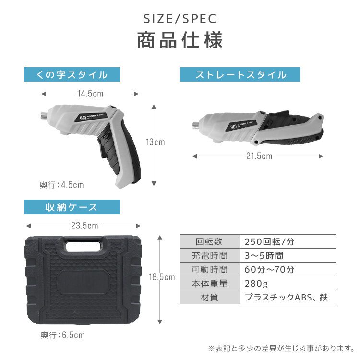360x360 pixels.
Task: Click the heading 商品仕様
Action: (180, 40)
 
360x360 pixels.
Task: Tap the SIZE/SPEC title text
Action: (180, 19)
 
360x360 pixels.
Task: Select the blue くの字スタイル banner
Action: (72, 74)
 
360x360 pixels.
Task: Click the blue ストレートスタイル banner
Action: (240, 74)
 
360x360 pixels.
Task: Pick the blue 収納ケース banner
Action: (72, 207)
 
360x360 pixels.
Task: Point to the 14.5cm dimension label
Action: (90, 94)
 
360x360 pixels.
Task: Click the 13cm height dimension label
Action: (156, 142)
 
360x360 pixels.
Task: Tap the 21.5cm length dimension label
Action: (259, 156)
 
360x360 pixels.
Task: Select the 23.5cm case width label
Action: (84, 226)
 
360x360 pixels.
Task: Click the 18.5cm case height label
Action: (162, 277)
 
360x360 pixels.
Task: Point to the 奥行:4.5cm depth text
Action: (62, 185)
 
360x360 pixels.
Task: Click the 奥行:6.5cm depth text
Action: (63, 335)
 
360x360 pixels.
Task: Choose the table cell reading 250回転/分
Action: (288, 241)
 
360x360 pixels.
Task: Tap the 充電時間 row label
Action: (210, 255)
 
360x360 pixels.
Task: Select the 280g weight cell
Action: (288, 283)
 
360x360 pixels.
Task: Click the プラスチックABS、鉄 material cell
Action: (288, 297)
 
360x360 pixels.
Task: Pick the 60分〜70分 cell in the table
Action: (288, 269)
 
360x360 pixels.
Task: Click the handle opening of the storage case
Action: (84, 246)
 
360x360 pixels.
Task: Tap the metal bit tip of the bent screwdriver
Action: (44, 116)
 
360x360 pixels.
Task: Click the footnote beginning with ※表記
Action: (281, 348)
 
